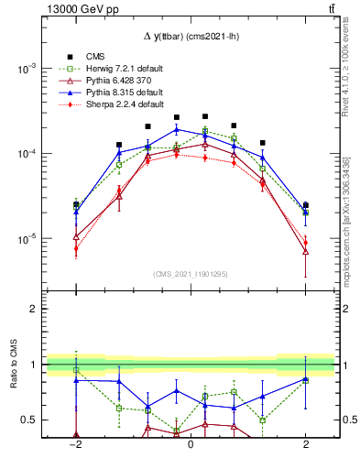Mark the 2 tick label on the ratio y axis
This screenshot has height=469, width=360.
click(35, 310)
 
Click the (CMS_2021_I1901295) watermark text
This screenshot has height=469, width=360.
click(190, 275)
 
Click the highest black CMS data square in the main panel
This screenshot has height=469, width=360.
click(205, 116)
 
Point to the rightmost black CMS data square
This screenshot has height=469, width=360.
click(306, 205)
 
